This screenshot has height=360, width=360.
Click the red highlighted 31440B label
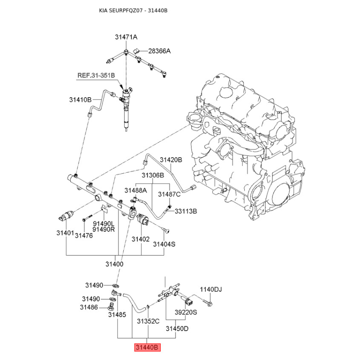tap(147, 347)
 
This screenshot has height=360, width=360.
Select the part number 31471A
tap(126, 37)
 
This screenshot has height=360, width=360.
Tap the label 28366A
tap(160, 51)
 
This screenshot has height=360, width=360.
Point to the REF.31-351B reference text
tap(96, 75)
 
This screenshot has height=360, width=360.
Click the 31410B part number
tap(81, 99)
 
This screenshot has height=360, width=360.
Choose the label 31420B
tap(171, 160)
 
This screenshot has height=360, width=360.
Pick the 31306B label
tap(153, 175)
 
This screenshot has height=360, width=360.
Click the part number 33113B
tap(186, 211)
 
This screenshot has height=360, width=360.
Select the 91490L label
tap(103, 223)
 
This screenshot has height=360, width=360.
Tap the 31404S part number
tap(164, 244)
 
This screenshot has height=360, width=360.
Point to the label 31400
tap(114, 264)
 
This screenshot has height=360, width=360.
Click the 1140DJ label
tap(211, 289)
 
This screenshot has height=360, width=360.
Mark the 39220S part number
tap(186, 312)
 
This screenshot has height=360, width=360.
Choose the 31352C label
tap(148, 321)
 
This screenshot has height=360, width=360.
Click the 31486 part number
tap(89, 307)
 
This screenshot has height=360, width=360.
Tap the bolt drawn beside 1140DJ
tap(207, 301)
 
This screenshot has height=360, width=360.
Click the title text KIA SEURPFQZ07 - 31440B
tap(133, 10)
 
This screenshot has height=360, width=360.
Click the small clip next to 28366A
tap(137, 51)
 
